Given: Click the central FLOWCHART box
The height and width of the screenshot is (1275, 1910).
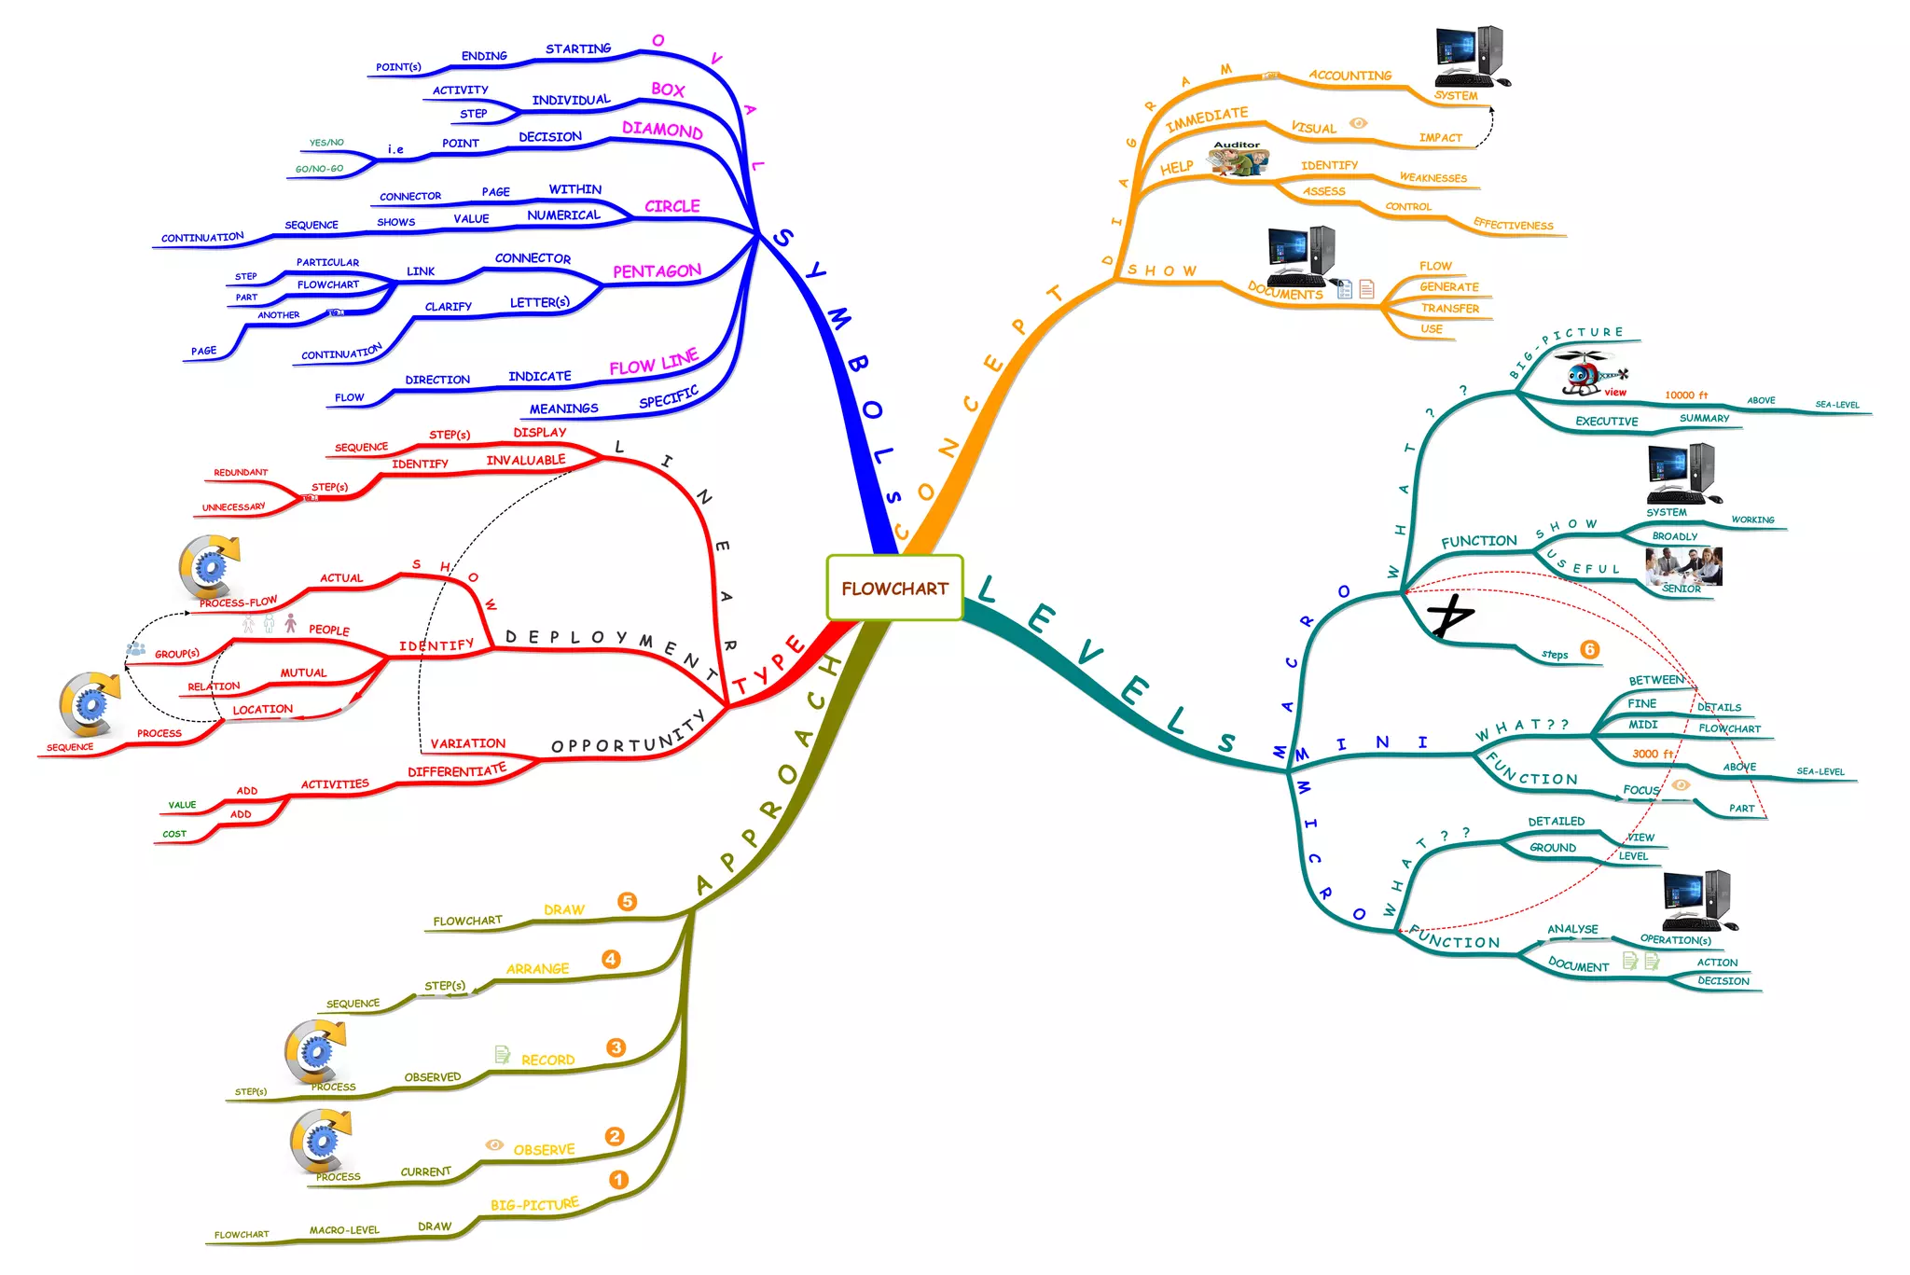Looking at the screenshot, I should (x=894, y=588).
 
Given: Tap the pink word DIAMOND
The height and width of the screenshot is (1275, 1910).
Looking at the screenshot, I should (x=662, y=130).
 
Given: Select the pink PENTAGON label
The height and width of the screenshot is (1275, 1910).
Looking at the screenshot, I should (x=657, y=271).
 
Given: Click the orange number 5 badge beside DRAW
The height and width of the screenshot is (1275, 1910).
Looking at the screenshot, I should (x=627, y=901).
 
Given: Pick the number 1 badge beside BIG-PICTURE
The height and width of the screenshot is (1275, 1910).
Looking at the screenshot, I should (x=618, y=1180).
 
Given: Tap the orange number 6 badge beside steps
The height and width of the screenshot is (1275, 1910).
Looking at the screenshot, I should (x=1590, y=649).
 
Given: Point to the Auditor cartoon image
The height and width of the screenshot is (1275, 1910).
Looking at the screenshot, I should (x=1239, y=160).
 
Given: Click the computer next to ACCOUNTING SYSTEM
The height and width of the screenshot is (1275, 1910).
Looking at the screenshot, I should (x=1471, y=55).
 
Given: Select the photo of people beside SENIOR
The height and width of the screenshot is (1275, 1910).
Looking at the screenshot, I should (x=1684, y=565).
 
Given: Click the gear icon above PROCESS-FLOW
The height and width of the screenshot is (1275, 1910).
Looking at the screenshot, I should (x=209, y=565).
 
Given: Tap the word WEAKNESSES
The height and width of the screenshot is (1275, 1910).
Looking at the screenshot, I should (x=1432, y=178).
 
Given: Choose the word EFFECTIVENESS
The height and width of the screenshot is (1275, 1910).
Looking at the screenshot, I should (x=1513, y=225).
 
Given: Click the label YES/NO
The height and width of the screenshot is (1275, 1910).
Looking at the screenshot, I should (x=326, y=143).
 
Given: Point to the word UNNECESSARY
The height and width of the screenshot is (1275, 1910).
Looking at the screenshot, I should (x=233, y=507).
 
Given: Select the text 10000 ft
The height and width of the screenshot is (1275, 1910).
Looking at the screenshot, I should (x=1686, y=395).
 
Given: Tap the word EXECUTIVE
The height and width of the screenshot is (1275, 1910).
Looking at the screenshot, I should (x=1606, y=422).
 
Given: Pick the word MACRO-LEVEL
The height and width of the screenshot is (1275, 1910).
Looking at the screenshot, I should (x=344, y=1230).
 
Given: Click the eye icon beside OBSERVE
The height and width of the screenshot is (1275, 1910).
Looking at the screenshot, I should (x=494, y=1144).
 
